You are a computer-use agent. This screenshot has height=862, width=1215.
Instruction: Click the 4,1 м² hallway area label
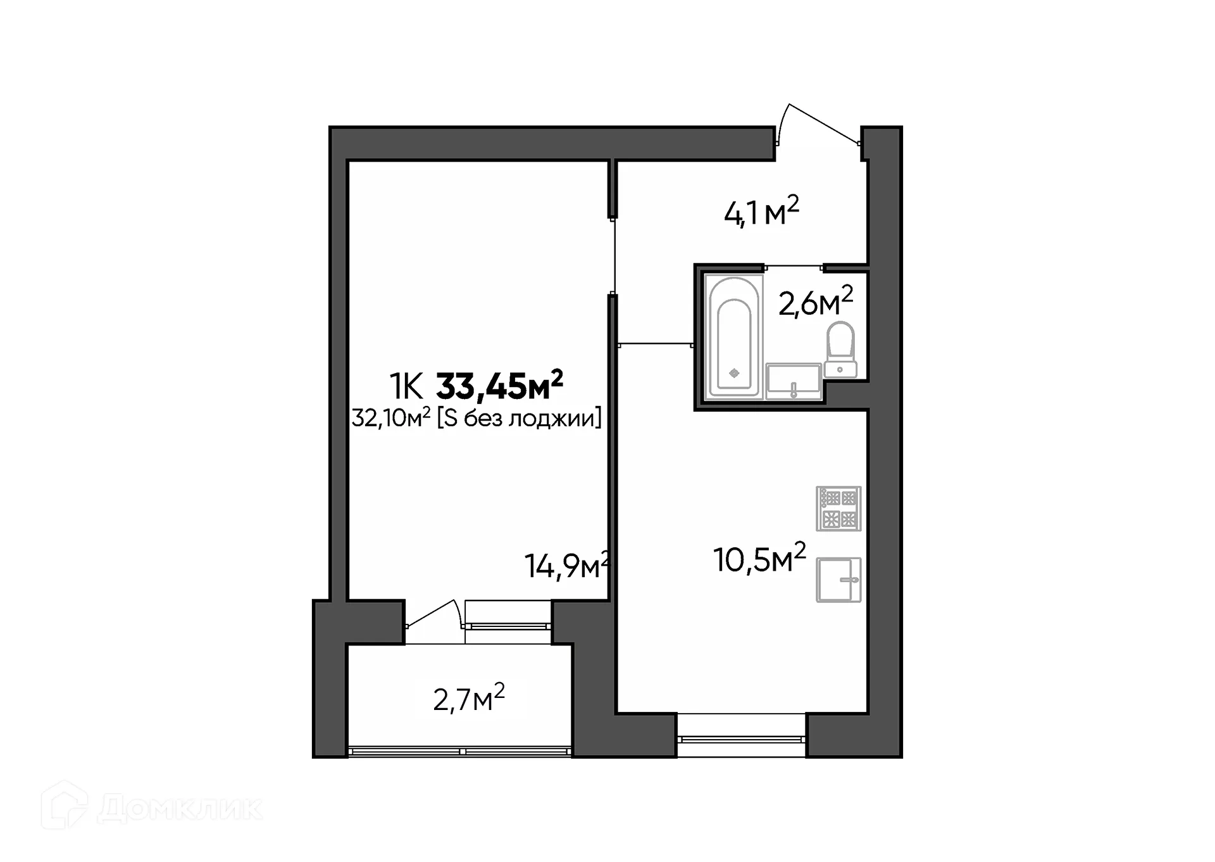761,212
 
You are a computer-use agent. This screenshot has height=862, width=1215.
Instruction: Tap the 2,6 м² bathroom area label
815,301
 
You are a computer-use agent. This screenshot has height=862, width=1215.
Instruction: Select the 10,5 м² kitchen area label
759,559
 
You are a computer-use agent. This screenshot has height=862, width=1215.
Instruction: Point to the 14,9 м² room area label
566,566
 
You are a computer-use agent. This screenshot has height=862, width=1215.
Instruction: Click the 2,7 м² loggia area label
469,699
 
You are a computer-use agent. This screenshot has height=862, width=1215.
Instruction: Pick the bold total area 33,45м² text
499,386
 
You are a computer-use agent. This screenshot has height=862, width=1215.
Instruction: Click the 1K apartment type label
406,387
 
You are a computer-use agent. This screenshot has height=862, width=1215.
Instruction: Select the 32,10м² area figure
391,419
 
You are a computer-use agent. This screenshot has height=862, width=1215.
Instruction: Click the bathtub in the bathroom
734,338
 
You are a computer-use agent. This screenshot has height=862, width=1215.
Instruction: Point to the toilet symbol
840,350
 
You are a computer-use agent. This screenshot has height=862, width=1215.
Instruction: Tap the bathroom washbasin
794,381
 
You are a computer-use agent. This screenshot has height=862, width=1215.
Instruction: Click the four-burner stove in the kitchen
838,508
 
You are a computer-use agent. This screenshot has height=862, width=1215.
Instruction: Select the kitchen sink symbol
838,580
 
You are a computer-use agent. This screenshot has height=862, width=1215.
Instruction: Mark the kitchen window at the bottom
742,738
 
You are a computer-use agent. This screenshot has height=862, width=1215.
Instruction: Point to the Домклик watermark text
180,808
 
